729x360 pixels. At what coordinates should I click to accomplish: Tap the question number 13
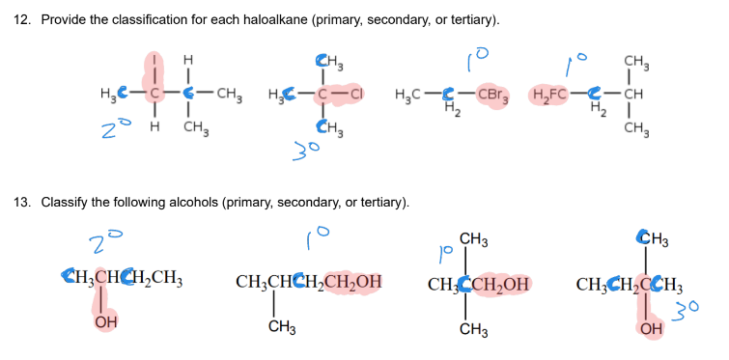[x=22, y=203]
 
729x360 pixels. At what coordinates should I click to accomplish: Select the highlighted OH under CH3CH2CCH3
[x=651, y=328]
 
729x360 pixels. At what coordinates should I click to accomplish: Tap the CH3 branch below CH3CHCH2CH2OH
[x=282, y=328]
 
